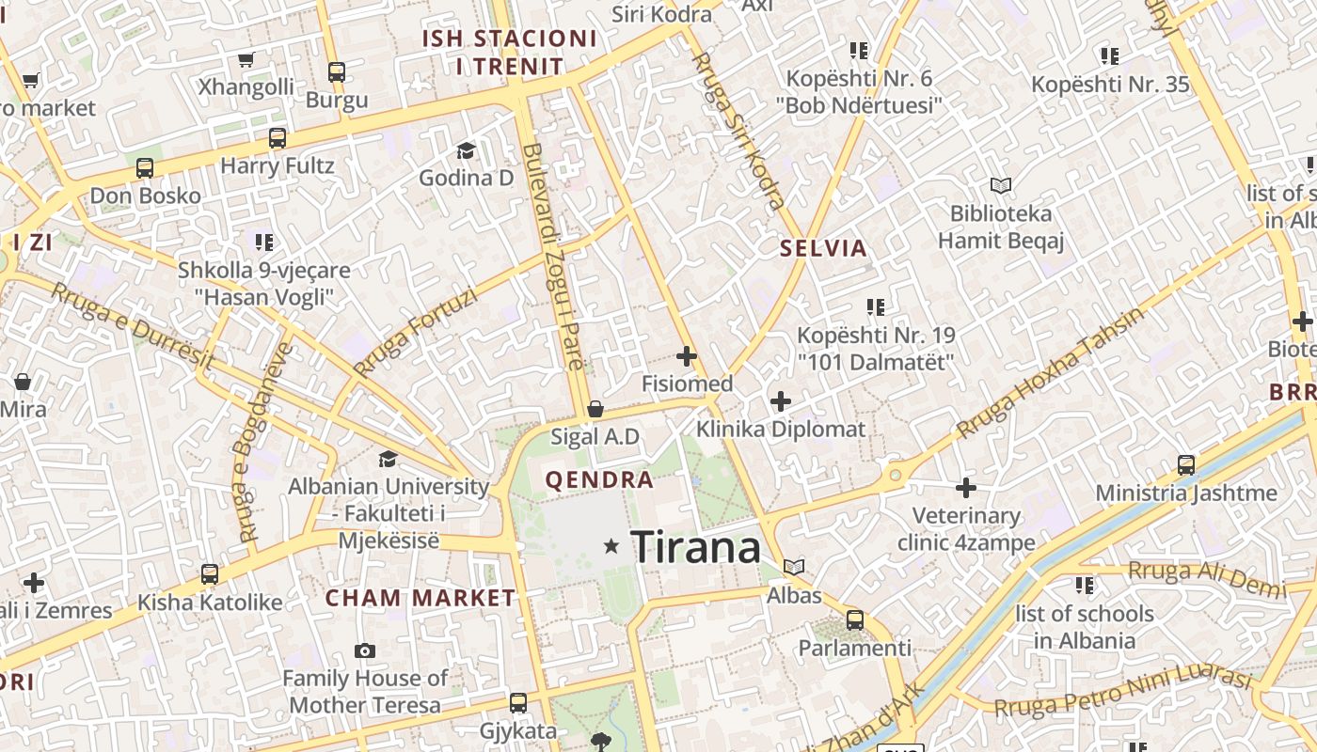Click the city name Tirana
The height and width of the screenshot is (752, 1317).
695,546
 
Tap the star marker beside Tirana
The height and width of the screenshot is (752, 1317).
612,545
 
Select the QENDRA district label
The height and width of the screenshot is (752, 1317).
599,480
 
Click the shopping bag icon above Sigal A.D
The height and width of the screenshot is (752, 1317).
595,409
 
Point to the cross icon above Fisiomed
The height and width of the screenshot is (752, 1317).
687,356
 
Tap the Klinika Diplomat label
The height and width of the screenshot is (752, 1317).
780,430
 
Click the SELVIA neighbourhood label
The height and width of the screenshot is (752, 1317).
823,249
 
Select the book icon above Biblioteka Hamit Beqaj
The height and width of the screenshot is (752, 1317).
1001,186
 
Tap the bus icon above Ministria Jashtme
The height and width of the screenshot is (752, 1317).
1186,464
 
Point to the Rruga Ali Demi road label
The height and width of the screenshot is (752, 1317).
1206,578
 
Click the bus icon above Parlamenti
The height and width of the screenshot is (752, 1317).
855,620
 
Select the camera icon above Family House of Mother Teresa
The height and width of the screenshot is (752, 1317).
365,650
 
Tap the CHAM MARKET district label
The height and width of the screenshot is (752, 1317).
420,598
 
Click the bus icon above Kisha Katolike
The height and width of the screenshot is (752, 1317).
210,573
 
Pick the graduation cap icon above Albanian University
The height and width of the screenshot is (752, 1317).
388,459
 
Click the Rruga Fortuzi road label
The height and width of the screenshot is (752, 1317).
417,332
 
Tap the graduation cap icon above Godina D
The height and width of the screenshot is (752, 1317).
466,150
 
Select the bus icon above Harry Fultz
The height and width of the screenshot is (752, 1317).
278,138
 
